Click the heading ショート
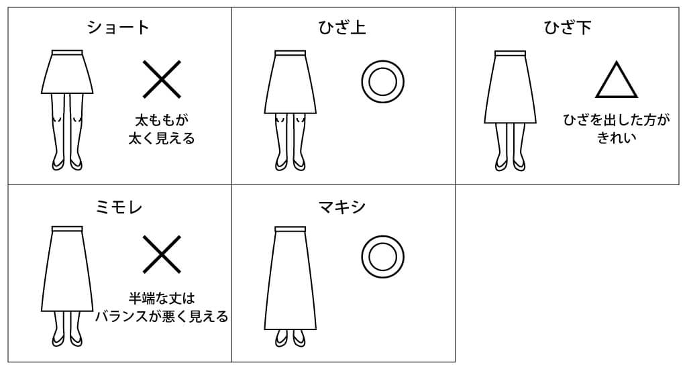click(118, 28)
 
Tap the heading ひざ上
click(342, 28)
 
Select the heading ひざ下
click(568, 28)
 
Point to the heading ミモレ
click(119, 207)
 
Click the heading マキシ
click(342, 207)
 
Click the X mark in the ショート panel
click(162, 79)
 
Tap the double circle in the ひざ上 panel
click(382, 81)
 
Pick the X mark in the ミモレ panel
click(162, 254)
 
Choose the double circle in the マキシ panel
click(382, 257)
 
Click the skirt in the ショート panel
click(67, 72)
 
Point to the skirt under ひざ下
click(510, 88)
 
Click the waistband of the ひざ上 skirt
click(290, 54)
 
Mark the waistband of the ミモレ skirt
click(67, 229)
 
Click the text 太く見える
click(162, 139)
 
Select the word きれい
click(617, 138)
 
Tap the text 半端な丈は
click(162, 299)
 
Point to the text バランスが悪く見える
click(162, 317)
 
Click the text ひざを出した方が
click(617, 119)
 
